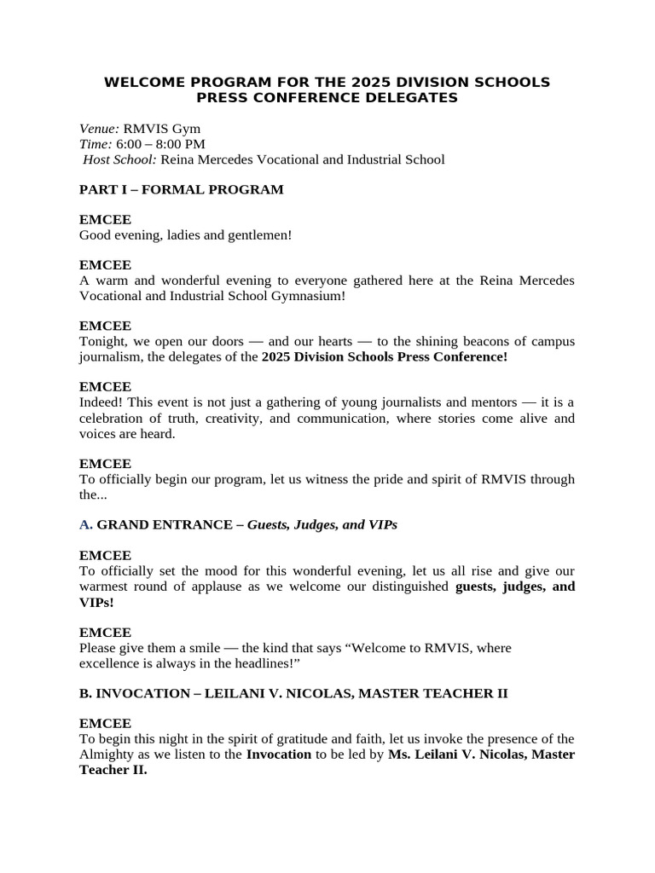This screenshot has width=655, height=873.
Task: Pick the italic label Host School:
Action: pyautogui.click(x=119, y=159)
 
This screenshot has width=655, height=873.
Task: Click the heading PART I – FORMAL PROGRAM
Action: pyautogui.click(x=181, y=189)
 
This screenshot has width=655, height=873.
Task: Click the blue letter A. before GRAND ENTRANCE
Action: pyautogui.click(x=85, y=524)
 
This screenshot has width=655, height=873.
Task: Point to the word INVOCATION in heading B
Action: pyautogui.click(x=141, y=693)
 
